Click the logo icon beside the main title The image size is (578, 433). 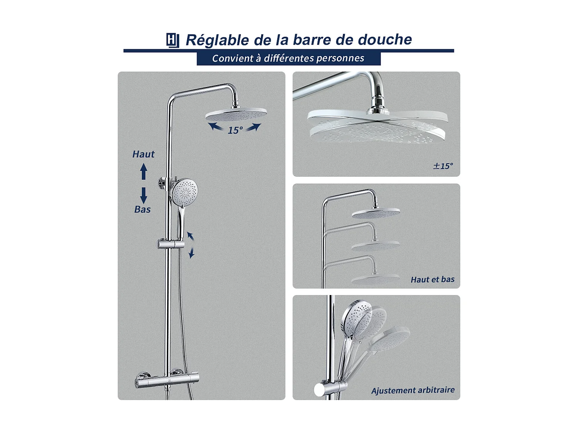173,40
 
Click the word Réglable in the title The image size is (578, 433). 217,40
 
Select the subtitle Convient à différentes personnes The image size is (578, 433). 288,58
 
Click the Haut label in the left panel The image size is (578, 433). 143,154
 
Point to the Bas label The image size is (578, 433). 143,209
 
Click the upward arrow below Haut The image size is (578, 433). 144,172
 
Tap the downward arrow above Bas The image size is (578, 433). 144,195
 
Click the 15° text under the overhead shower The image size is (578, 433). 235,130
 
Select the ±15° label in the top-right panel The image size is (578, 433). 443,166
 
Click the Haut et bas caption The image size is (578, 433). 432,279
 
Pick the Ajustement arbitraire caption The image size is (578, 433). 413,390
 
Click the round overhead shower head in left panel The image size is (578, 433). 236,114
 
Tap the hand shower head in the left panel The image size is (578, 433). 185,189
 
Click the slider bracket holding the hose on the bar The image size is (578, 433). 170,244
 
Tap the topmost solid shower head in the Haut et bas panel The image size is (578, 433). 376,212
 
